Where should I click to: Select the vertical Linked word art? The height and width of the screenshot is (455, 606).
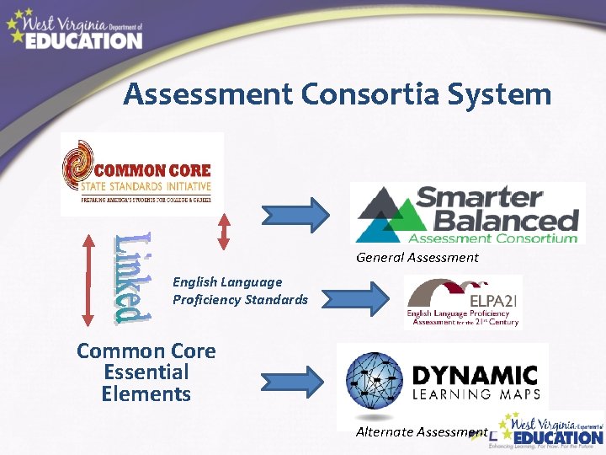click(133, 276)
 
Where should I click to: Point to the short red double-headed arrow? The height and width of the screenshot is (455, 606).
click(223, 229)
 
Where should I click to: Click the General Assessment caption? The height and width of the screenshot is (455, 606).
click(417, 258)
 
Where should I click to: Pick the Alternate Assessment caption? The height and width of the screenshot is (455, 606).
click(421, 431)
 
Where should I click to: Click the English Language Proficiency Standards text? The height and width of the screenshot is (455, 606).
click(240, 291)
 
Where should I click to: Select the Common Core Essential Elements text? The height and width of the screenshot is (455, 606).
click(146, 372)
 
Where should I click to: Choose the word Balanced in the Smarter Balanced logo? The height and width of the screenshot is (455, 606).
click(497, 222)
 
